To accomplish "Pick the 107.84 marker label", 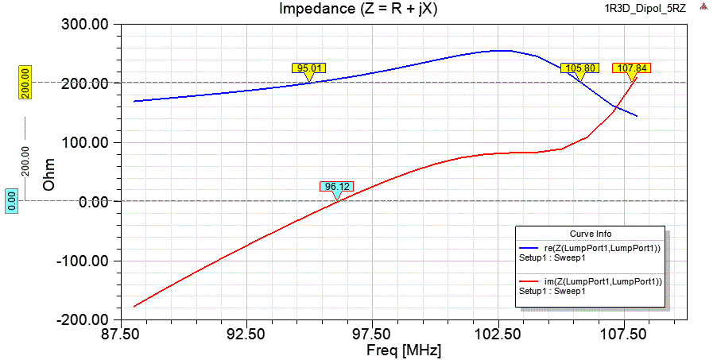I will [x=632, y=68].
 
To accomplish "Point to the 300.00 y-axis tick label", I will [x=86, y=25].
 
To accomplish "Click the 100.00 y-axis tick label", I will [x=86, y=143].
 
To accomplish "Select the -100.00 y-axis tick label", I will [x=83, y=261].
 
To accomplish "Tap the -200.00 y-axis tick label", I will [x=83, y=320].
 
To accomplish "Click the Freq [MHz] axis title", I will [x=403, y=350].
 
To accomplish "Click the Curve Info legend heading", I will [x=589, y=234].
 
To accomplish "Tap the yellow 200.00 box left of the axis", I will [x=25, y=83].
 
